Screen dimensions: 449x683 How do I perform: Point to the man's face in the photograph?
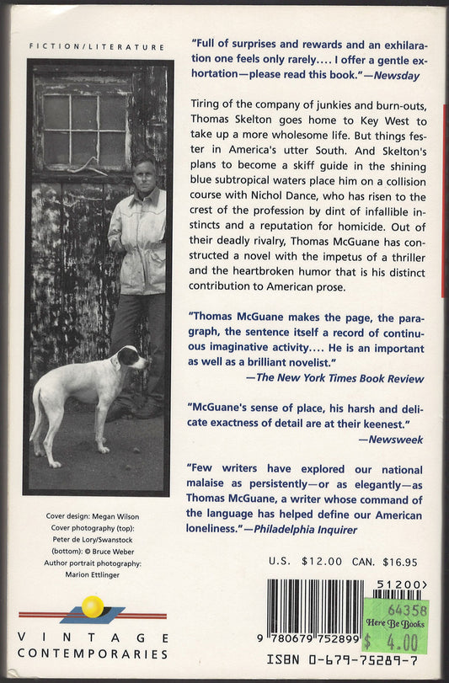point(143,173)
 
